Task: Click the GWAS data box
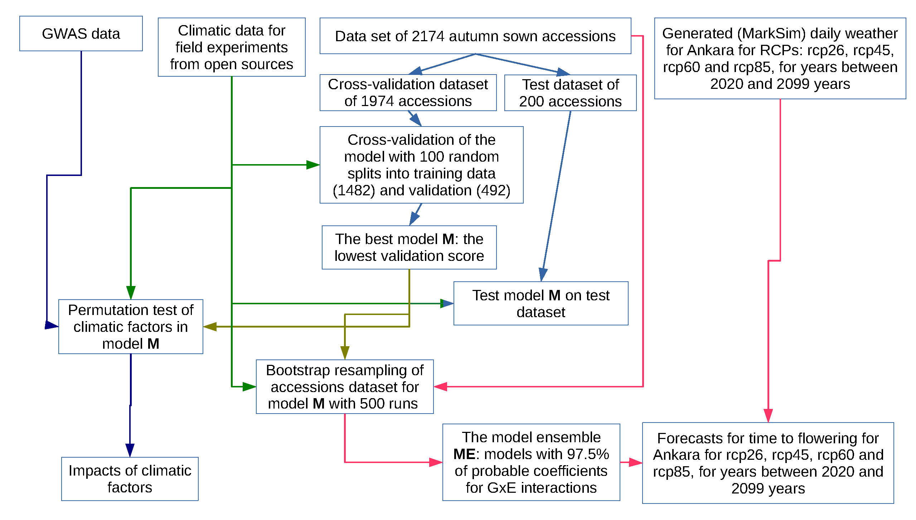coord(81,34)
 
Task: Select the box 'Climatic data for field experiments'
coord(232,47)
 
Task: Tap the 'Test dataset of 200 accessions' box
coord(570,93)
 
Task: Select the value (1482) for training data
coord(354,190)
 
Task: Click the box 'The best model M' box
coord(409,247)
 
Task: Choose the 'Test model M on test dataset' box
coord(541,304)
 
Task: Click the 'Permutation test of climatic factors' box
coord(131,326)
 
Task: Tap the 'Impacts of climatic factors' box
coord(130,479)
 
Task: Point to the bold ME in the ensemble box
coord(464,454)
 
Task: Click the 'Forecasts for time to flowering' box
coord(768,463)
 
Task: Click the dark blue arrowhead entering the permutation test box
coord(51,325)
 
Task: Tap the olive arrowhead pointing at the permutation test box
coord(210,326)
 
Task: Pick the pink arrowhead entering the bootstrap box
coord(441,386)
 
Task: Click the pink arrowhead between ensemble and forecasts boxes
coord(635,462)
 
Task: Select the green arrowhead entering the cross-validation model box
coord(313,165)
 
